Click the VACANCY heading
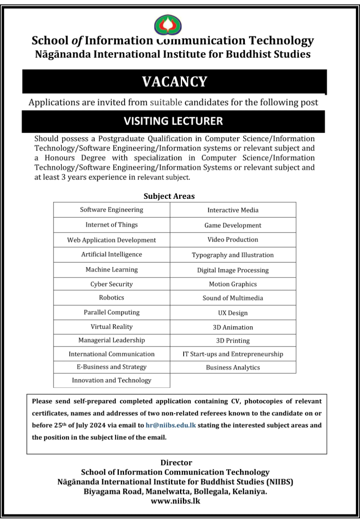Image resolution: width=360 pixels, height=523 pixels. (x=174, y=82)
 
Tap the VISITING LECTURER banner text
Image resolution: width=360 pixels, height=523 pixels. (x=173, y=121)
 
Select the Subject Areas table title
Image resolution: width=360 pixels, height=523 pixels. (x=169, y=196)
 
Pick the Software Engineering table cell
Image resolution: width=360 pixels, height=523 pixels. (x=112, y=210)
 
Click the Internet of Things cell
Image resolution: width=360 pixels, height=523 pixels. (x=112, y=225)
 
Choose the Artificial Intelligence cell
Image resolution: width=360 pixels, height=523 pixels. (x=112, y=254)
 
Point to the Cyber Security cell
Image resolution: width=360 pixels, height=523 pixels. (x=112, y=284)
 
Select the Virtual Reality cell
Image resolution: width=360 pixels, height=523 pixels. (x=112, y=327)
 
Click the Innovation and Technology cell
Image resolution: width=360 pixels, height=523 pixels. (x=112, y=380)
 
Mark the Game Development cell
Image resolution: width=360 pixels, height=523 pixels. (x=233, y=225)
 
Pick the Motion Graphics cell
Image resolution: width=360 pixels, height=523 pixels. (x=233, y=284)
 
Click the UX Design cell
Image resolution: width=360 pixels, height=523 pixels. (x=233, y=313)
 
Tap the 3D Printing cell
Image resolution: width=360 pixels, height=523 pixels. (x=233, y=341)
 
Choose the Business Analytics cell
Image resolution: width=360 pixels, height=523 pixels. (x=233, y=368)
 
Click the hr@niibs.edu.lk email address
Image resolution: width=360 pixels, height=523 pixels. (x=171, y=425)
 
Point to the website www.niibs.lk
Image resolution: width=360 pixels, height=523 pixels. (x=175, y=501)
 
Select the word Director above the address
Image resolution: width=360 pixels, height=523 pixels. (x=176, y=463)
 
